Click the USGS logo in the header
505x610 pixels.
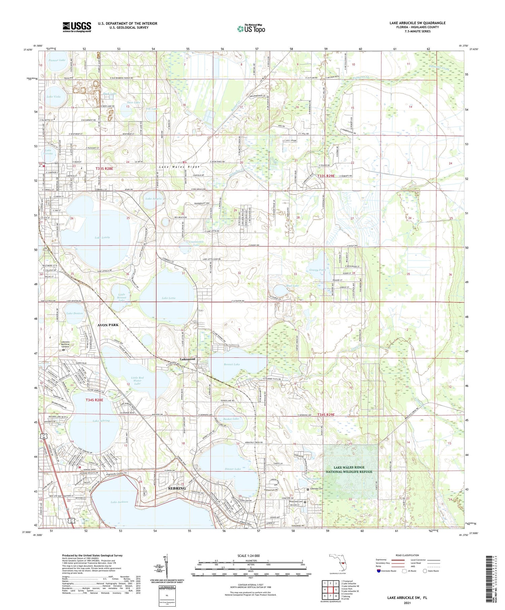coord(77,27)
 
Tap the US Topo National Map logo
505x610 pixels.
coord(251,29)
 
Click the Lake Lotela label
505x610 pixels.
coord(102,238)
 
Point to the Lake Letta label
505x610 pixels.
coord(168,298)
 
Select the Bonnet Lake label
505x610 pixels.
coord(232,364)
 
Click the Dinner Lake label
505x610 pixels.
coord(233,469)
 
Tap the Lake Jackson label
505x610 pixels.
coord(119,502)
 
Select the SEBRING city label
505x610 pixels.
coord(177,488)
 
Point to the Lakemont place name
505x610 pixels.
coord(188,359)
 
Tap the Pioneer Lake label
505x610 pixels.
coord(56,60)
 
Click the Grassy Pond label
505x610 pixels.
coord(317,270)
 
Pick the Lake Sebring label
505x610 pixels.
coord(101,421)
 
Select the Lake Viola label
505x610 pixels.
coord(54,97)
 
